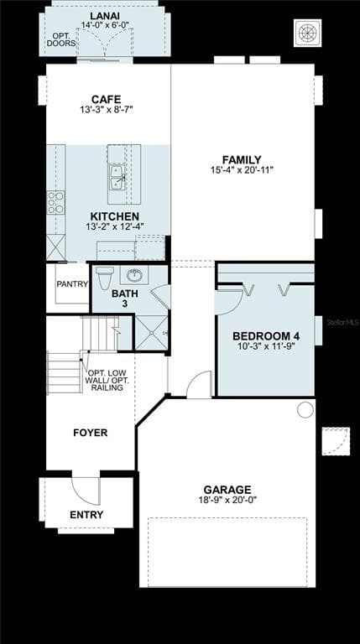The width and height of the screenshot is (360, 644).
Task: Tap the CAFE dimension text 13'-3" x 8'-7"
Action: coord(107,110)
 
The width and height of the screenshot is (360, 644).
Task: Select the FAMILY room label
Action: coord(242,160)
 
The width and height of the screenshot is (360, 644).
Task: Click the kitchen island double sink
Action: coord(117,177)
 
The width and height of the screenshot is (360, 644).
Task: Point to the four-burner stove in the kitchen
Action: coord(56,202)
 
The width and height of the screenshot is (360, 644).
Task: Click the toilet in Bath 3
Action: coord(104,278)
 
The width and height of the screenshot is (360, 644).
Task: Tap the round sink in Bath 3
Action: coord(134,275)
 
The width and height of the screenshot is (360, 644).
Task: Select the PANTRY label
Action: coord(72,283)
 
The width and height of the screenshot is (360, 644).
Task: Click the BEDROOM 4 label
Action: coord(266,336)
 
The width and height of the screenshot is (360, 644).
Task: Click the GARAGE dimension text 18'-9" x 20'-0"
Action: coord(227,500)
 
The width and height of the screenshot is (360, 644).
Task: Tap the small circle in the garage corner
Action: coord(305,410)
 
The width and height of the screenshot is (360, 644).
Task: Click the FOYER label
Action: coord(91,433)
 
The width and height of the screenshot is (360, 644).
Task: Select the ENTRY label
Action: coord(86,515)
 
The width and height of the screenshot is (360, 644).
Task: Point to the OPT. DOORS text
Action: coord(61,39)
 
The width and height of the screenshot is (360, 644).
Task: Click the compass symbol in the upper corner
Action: coord(308,33)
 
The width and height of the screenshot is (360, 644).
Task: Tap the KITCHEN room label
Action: coord(115,216)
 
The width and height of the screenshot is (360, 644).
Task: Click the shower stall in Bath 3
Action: coord(152,333)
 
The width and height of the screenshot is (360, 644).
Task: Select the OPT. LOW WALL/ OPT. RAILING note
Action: coord(107,380)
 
